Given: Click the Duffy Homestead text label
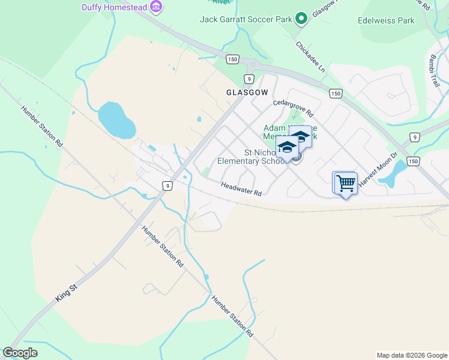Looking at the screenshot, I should [x=114, y=7].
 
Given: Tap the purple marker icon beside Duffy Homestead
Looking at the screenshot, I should [x=156, y=7].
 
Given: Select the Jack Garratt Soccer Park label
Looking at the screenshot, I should [x=246, y=19].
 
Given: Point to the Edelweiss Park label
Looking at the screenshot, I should [x=386, y=20].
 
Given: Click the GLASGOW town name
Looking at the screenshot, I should [x=247, y=92].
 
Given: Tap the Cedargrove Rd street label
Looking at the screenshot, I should [x=294, y=107].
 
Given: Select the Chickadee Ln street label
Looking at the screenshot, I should [x=310, y=57].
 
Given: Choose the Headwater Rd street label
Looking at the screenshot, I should [x=241, y=190].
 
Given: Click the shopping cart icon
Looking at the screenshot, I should [x=346, y=183].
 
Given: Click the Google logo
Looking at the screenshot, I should [x=20, y=353].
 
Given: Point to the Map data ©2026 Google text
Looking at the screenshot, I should [x=411, y=355].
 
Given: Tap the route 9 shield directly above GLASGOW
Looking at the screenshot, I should [x=249, y=79].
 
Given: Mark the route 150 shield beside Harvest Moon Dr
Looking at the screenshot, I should [x=413, y=161].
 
